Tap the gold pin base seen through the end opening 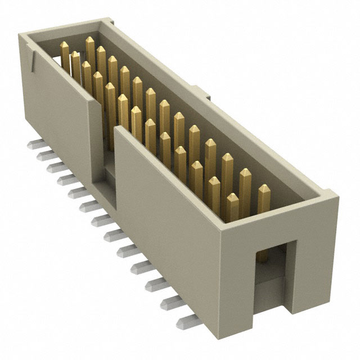(262, 256)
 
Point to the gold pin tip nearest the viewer (232, 199)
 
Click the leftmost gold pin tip (64, 46)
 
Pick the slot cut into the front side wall (105, 146)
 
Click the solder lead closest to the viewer (186, 322)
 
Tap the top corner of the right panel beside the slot (116, 129)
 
